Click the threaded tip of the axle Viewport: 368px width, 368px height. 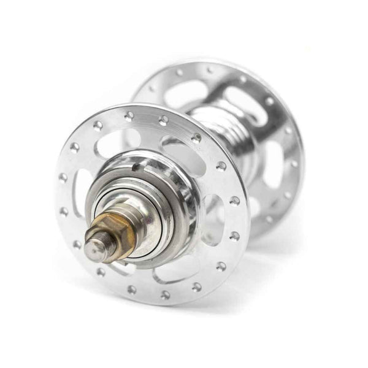pyautogui.click(x=95, y=247)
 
